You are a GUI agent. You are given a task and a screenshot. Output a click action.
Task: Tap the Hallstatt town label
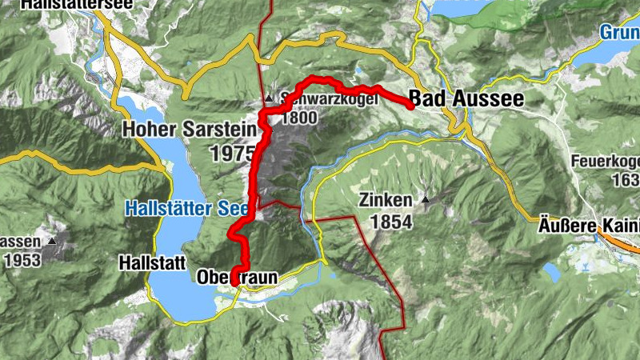pyautogui.click(x=151, y=262)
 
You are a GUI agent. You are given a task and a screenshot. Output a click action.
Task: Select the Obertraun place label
pyautogui.click(x=238, y=278)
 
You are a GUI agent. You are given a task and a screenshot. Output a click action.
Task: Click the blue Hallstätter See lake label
pyautogui.click(x=189, y=208)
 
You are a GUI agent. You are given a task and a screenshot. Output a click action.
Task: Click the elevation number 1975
pyautogui.click(x=234, y=153)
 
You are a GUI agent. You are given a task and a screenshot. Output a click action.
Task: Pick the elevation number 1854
pyautogui.click(x=390, y=222)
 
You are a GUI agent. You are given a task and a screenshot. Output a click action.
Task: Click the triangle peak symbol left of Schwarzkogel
pyautogui.click(x=270, y=99)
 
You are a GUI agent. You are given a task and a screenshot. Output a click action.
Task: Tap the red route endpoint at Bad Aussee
pyautogui.click(x=410, y=105)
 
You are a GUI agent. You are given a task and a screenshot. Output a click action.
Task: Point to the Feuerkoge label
pyautogui.click(x=606, y=161)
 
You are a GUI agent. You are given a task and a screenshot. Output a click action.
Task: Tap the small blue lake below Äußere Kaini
pyautogui.click(x=552, y=272)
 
